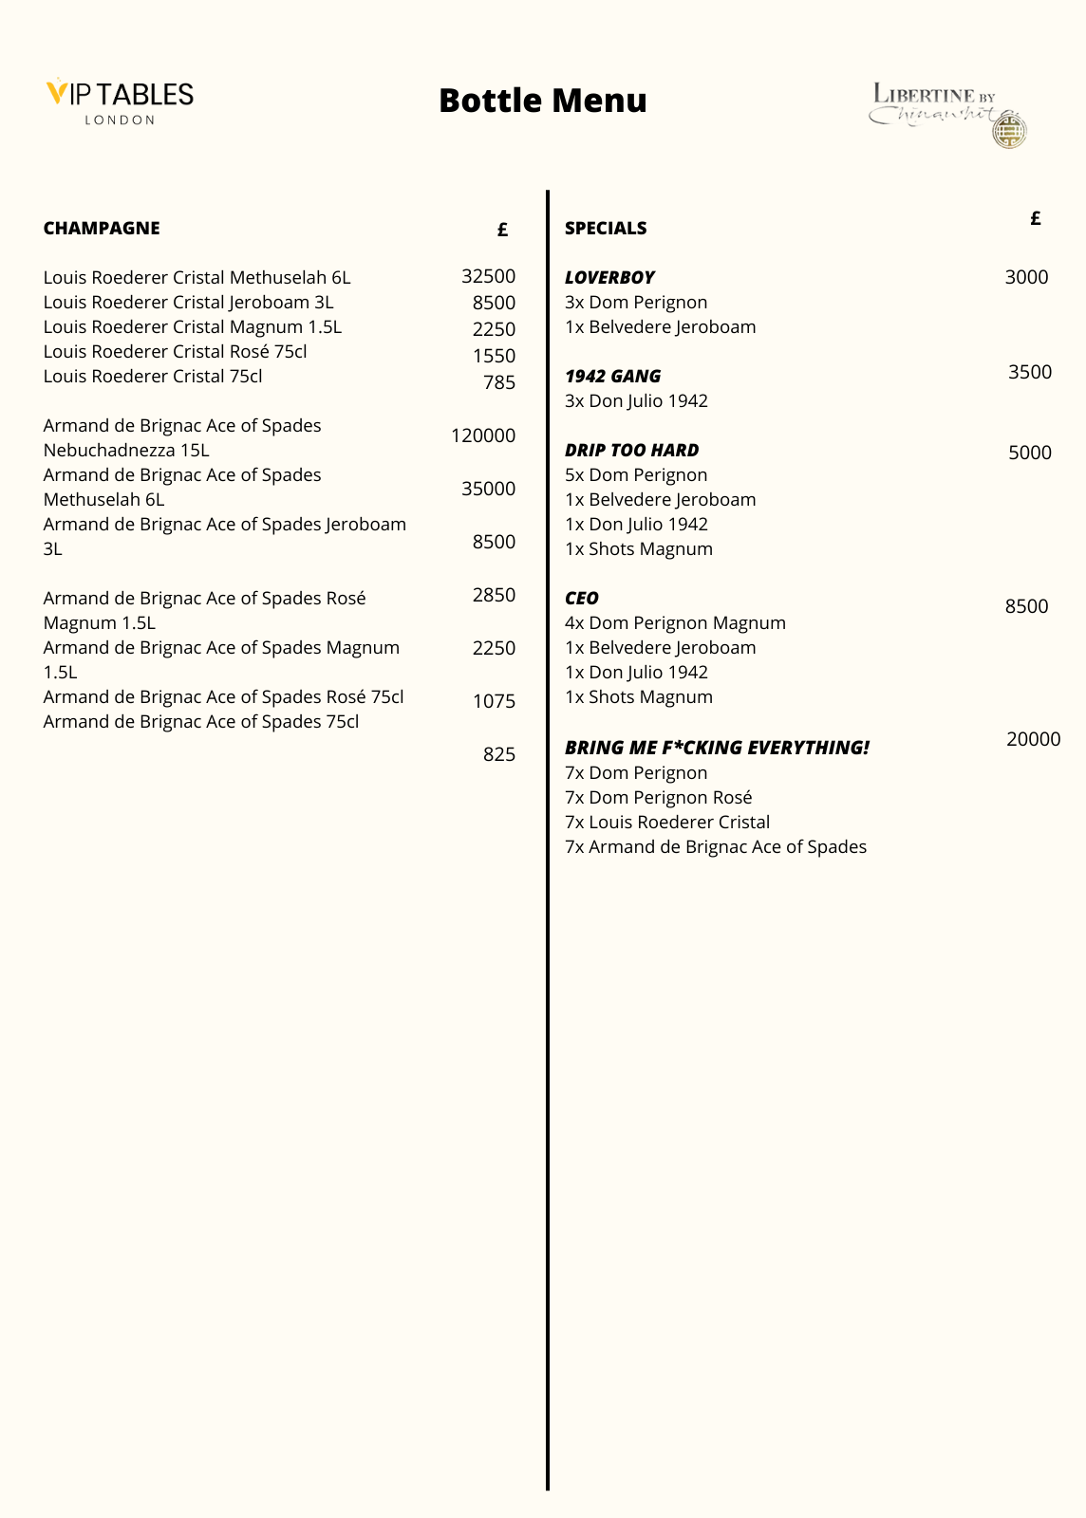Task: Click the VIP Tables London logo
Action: [120, 101]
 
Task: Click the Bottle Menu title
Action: [543, 101]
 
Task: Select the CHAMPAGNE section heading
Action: [102, 228]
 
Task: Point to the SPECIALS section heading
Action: [606, 228]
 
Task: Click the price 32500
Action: [488, 276]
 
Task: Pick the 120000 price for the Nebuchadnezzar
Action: [483, 435]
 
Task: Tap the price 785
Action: [498, 382]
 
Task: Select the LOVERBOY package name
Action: [609, 277]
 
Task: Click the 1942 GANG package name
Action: [612, 376]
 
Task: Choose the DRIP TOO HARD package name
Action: [631, 450]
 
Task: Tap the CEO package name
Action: [581, 598]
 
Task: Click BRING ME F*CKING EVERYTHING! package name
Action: [717, 748]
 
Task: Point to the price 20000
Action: [1033, 739]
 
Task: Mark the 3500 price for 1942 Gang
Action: [1029, 372]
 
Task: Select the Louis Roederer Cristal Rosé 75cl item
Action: [175, 351]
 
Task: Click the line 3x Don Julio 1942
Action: [636, 400]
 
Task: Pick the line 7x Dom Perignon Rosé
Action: [658, 797]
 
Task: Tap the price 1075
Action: [494, 701]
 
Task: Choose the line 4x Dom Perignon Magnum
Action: [675, 622]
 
